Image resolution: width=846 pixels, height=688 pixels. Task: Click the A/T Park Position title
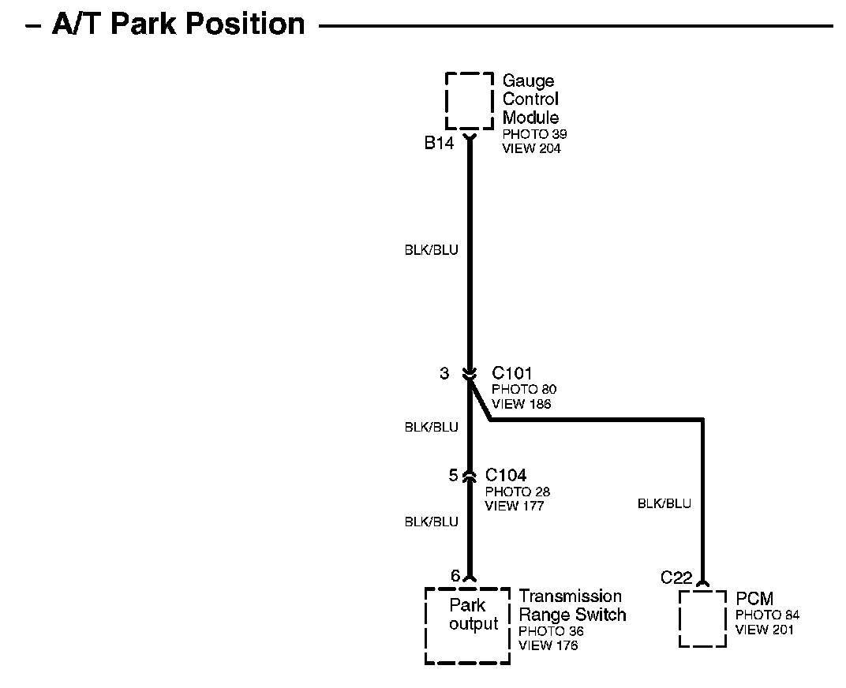(178, 24)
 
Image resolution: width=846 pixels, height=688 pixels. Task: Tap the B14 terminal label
(440, 143)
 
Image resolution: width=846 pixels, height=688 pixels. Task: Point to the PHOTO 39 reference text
(534, 134)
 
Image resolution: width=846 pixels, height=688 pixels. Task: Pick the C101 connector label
(512, 372)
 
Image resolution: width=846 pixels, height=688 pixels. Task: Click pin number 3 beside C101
(444, 373)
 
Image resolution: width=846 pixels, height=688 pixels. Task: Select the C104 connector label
(506, 475)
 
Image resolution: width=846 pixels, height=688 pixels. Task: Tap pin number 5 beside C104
(453, 476)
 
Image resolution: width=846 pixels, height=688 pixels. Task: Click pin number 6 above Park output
(455, 576)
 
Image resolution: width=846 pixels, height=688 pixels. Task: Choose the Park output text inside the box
(474, 615)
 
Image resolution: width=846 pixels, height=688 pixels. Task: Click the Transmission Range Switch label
(572, 605)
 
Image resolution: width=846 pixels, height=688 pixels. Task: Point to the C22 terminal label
(676, 578)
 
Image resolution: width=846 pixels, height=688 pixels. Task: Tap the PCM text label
(754, 599)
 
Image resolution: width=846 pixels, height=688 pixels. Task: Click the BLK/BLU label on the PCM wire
(664, 503)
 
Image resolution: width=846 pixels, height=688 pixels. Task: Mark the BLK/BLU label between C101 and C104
(431, 427)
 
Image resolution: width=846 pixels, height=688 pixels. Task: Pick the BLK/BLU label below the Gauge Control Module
(431, 250)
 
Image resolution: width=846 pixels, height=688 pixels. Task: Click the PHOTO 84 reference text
(768, 615)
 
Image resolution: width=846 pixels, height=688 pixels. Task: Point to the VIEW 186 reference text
(521, 404)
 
